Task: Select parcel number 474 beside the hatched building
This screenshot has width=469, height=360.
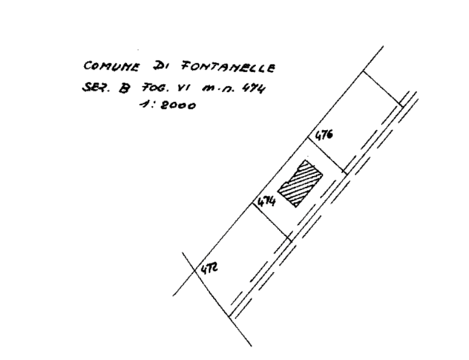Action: click(x=264, y=202)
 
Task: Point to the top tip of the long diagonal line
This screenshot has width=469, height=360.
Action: click(x=384, y=46)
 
